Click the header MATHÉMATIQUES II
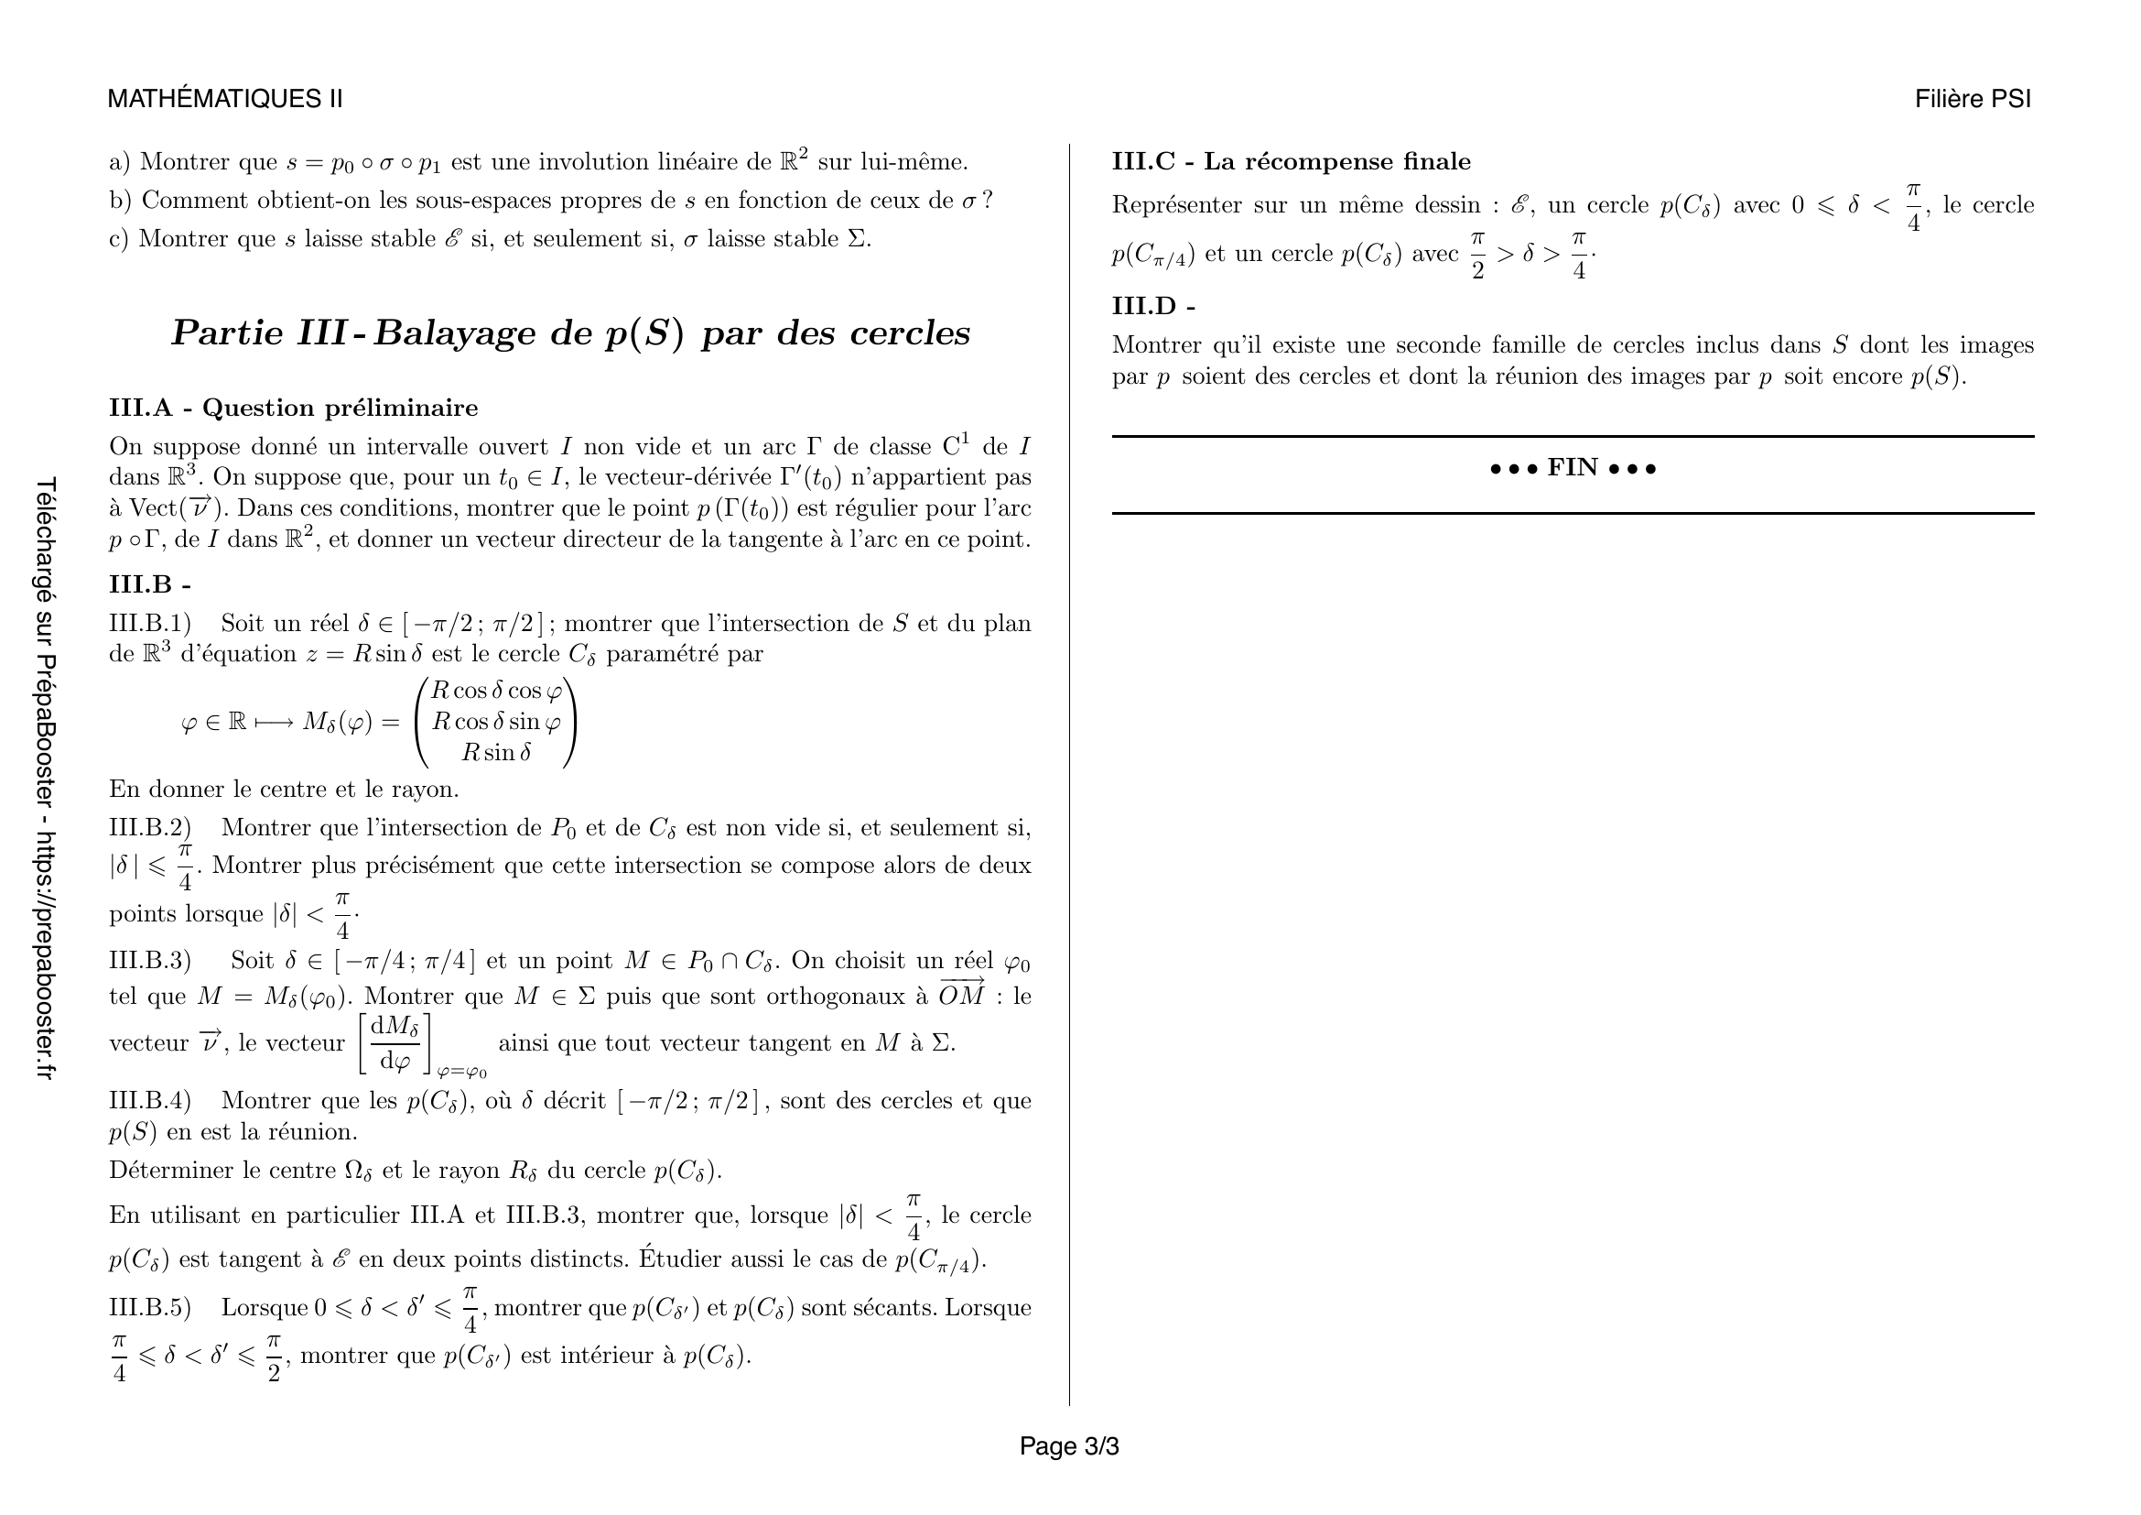point(225,99)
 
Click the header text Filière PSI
point(1973,99)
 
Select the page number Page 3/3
point(1068,1446)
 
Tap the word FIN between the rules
point(1573,467)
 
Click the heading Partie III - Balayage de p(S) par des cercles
point(569,333)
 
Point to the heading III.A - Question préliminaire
point(293,408)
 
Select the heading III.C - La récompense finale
point(1291,161)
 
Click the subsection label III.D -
point(1152,306)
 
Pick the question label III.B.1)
point(149,623)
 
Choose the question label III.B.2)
point(149,827)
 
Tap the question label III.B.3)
point(149,961)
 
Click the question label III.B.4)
point(149,1101)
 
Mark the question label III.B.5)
point(149,1308)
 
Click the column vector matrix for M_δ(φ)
point(496,722)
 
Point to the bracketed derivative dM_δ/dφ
point(395,1043)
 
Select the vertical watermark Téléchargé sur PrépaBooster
point(46,779)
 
